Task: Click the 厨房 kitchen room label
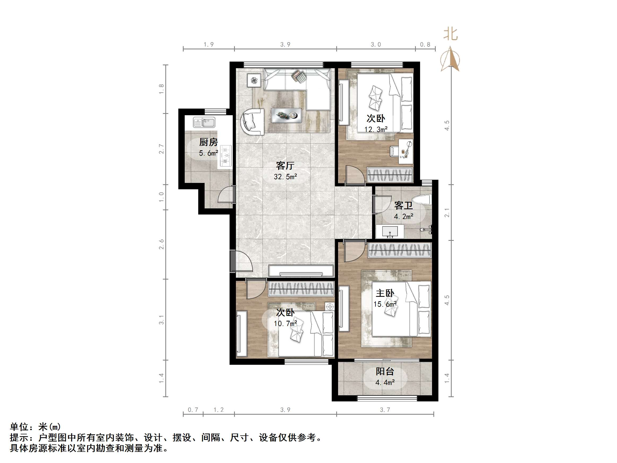208,142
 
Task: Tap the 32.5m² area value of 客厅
285,177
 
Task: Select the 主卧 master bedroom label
385,293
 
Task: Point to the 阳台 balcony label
385,371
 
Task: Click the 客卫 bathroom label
403,206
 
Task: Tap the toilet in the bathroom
422,200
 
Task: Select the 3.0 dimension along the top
376,45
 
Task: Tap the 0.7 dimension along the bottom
193,410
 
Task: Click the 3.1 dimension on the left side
161,320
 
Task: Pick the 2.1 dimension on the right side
447,212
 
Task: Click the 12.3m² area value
376,130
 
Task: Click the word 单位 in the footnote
19,427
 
